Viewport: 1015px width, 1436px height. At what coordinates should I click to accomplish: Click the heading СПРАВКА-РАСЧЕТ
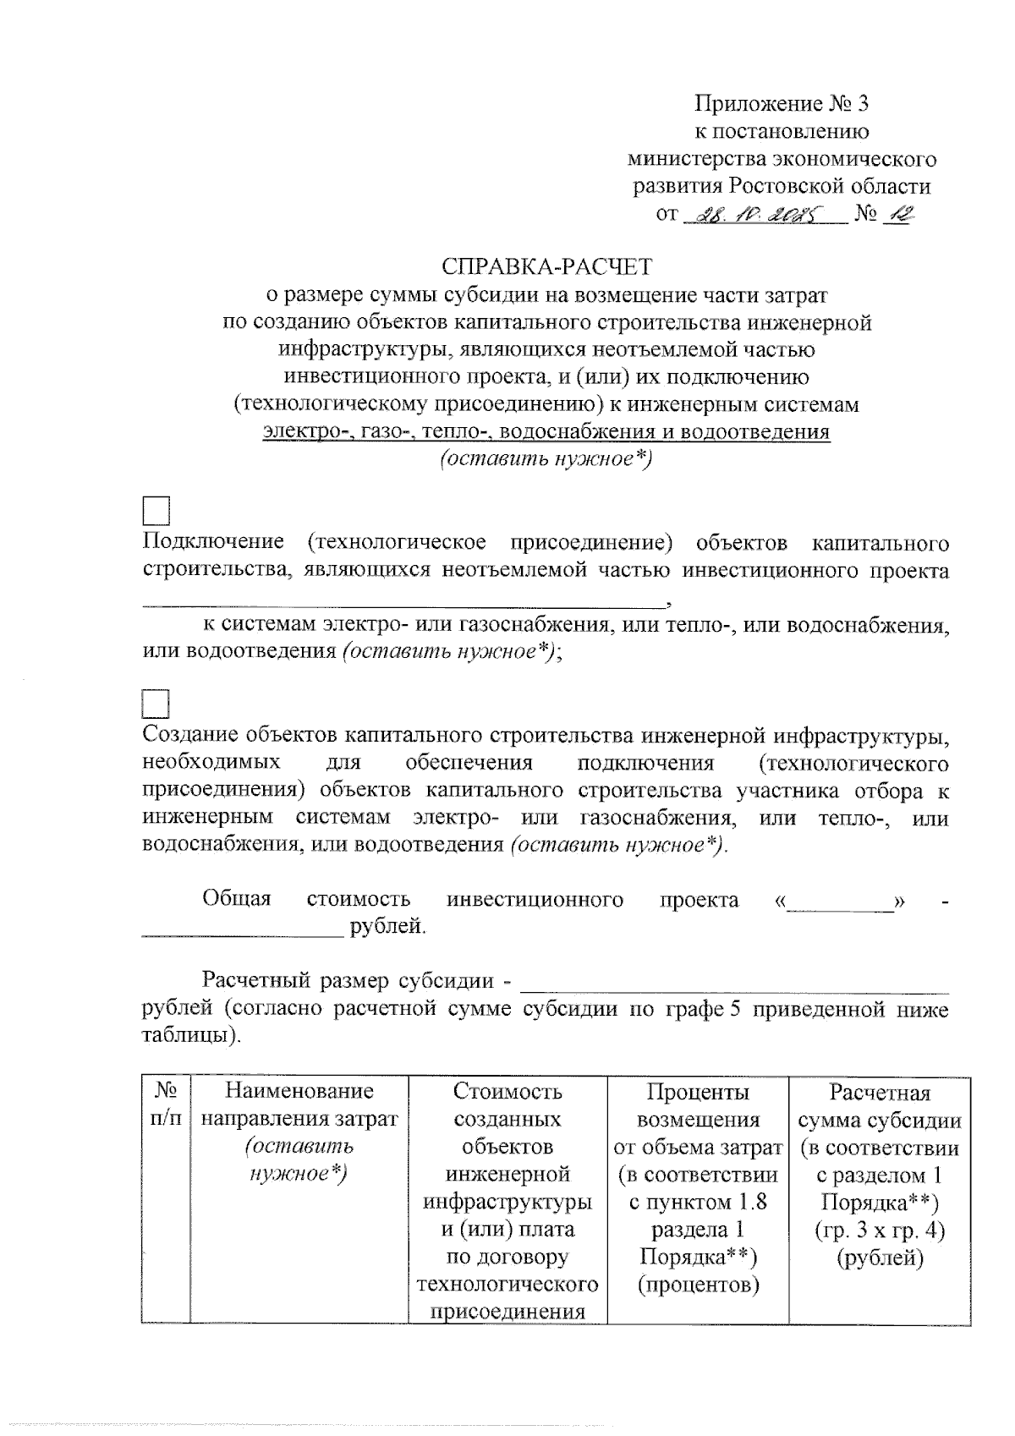[547, 267]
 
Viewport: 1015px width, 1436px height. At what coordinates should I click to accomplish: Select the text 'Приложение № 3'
[781, 104]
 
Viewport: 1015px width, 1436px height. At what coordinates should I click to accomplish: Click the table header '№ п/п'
[166, 1104]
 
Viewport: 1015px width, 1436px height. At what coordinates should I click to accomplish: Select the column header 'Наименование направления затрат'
[299, 1105]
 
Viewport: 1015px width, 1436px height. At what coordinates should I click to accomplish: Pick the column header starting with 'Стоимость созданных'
[507, 1105]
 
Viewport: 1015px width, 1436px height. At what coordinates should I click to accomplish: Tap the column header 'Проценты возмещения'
[698, 1105]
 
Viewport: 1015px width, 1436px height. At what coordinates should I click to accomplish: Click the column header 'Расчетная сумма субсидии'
[880, 1106]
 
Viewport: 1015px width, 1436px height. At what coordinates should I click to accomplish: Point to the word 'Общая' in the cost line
[237, 899]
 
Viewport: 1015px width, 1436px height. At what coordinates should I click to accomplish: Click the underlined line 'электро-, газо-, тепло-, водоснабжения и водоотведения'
[546, 432]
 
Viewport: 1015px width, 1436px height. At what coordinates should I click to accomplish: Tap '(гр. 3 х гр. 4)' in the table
[880, 1230]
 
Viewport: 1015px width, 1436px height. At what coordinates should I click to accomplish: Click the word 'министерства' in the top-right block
[687, 159]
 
